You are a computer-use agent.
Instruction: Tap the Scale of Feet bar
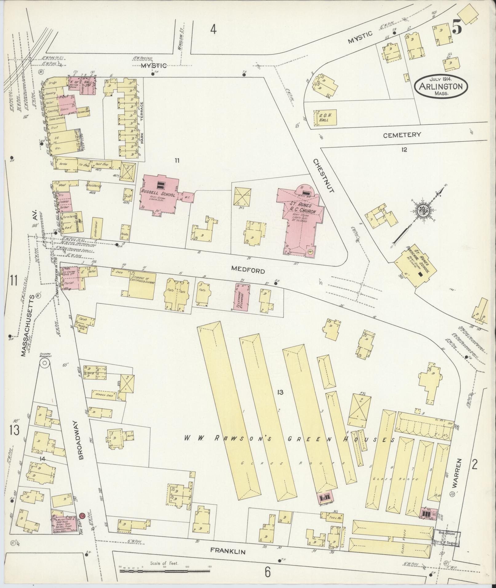point(165,571)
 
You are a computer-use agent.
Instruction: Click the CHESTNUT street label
point(323,175)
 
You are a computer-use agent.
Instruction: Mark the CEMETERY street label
point(402,135)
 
